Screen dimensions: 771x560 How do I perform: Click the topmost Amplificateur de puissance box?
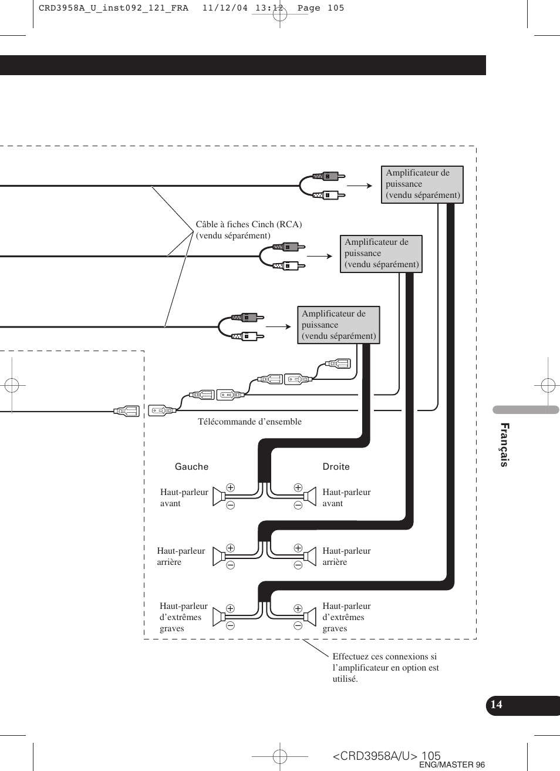pyautogui.click(x=422, y=184)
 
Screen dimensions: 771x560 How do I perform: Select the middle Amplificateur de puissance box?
pyautogui.click(x=381, y=254)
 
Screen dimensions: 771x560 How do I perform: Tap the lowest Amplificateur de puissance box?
pyautogui.click(x=338, y=325)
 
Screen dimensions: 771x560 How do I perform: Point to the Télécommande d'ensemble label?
pyautogui.click(x=249, y=422)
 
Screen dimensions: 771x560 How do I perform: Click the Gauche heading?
pyautogui.click(x=191, y=467)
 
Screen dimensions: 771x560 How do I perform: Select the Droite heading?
pyautogui.click(x=336, y=467)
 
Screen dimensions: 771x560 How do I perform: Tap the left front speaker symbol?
pyautogui.click(x=219, y=497)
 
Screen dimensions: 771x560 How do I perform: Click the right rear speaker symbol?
pyautogui.click(x=309, y=555)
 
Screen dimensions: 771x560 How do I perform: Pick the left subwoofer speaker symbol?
pyautogui.click(x=219, y=616)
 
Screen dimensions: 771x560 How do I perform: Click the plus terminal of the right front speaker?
pyautogui.click(x=298, y=488)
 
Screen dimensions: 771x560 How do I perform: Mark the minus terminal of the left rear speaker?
pyautogui.click(x=231, y=565)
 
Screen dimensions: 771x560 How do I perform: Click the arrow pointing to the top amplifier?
pyautogui.click(x=359, y=186)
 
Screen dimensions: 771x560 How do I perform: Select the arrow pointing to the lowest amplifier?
pyautogui.click(x=279, y=326)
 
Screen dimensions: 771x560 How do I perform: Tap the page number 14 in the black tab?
pyautogui.click(x=497, y=705)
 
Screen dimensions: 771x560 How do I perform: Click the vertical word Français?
pyautogui.click(x=504, y=445)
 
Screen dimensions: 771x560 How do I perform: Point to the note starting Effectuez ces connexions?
pyautogui.click(x=385, y=668)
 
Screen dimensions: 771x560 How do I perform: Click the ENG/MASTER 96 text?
pyautogui.click(x=451, y=765)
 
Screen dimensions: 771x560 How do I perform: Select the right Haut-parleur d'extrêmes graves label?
pyautogui.click(x=346, y=617)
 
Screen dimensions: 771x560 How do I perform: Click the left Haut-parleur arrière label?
pyautogui.click(x=181, y=556)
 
